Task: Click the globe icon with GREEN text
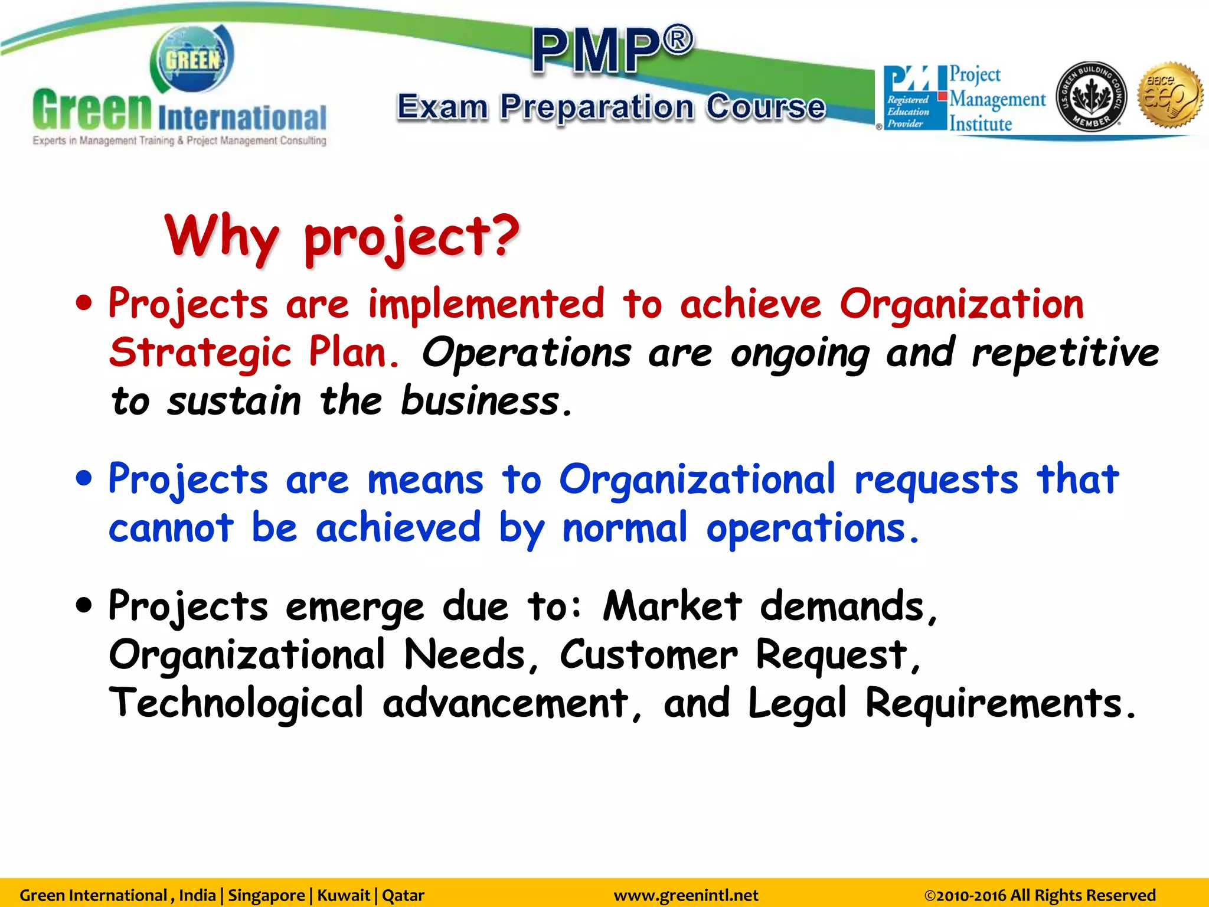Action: point(192,60)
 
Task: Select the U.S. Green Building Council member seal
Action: point(1090,96)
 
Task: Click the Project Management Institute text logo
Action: point(996,99)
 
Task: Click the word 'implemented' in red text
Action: point(486,304)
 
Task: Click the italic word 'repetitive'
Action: point(1066,353)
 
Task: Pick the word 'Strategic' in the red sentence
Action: point(201,353)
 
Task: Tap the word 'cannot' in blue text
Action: point(171,527)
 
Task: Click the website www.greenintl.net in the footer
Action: point(686,895)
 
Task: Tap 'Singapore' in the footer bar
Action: point(266,895)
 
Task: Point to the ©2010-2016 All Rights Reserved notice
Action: point(1040,895)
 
